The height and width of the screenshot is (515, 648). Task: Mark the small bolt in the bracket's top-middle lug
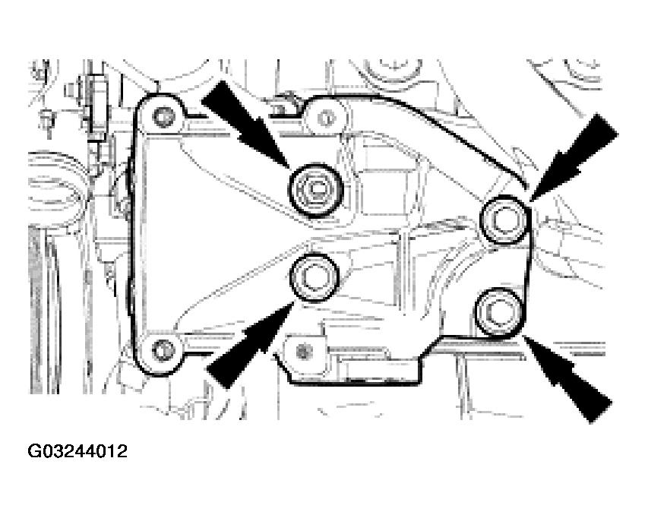(x=326, y=118)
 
